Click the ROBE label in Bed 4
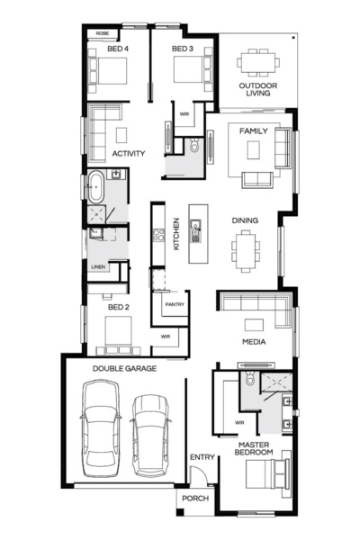tap(103, 33)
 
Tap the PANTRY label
tap(175, 304)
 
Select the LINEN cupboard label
tap(98, 267)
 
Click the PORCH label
tap(195, 499)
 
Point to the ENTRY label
tap(202, 457)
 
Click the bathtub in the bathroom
tap(96, 186)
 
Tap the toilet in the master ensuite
tap(250, 379)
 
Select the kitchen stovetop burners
tap(158, 235)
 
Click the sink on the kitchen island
tap(195, 230)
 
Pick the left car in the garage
tap(101, 428)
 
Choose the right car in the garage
tap(150, 436)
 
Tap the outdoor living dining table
tap(258, 63)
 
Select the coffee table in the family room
tap(253, 149)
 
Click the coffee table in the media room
tap(254, 325)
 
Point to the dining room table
tap(246, 251)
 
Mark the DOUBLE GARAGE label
tap(124, 368)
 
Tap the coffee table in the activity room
tap(121, 135)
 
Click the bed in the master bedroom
tap(267, 474)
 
